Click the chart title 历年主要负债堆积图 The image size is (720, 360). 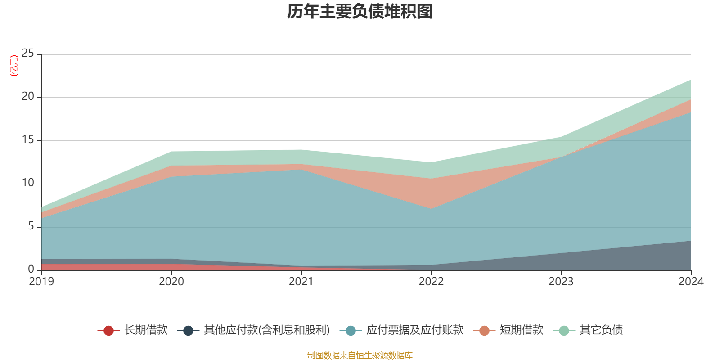360,12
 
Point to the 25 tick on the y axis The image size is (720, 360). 28,54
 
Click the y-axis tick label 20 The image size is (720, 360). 28,97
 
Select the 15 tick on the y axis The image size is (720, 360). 28,140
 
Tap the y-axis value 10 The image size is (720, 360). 28,183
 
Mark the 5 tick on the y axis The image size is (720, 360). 31,226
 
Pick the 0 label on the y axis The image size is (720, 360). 31,269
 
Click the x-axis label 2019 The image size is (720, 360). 41,282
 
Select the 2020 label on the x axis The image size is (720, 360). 171,282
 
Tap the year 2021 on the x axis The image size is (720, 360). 301,282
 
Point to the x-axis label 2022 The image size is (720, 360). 431,282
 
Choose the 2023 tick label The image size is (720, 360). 561,282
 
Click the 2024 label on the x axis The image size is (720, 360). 691,282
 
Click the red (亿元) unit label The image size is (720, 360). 14,66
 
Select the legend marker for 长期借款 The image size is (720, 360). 108,331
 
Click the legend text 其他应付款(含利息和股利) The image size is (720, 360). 266,330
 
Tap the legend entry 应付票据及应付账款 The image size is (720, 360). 414,330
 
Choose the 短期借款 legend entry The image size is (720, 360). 521,330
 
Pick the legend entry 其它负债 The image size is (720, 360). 601,330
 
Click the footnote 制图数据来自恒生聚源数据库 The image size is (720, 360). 360,355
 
